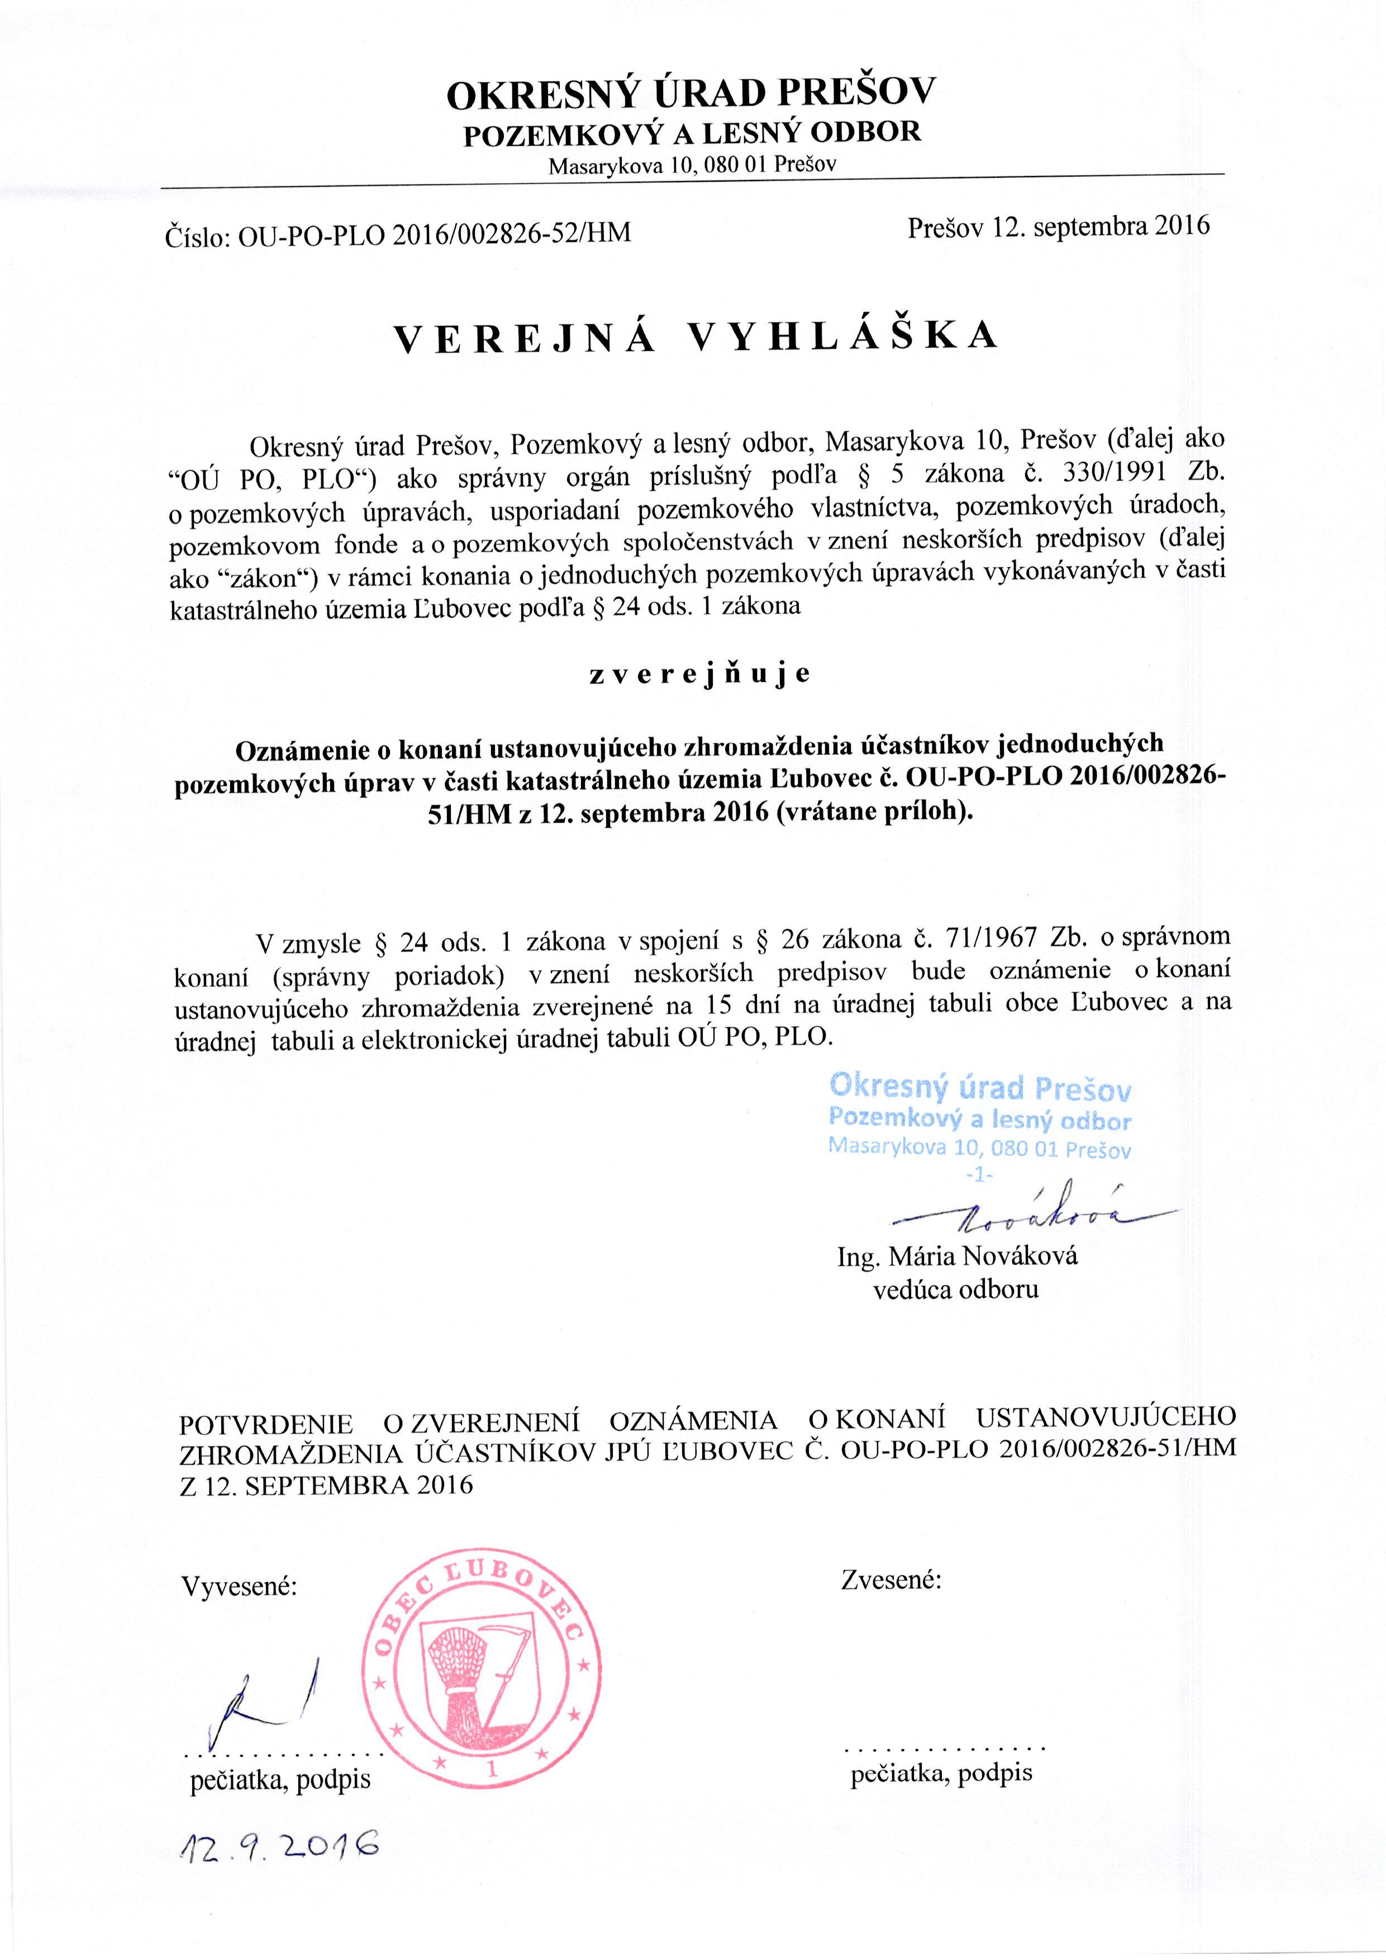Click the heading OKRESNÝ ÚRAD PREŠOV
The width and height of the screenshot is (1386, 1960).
[x=691, y=94]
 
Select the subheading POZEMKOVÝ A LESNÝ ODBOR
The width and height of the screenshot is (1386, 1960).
[x=691, y=133]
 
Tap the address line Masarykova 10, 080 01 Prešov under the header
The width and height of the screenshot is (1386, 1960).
[x=691, y=164]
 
